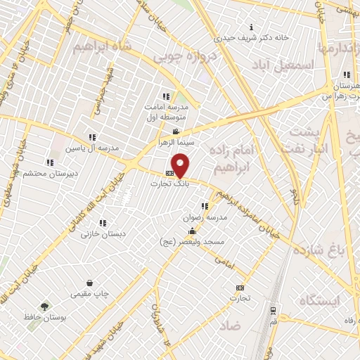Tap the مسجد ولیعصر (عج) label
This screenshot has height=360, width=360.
tap(191, 241)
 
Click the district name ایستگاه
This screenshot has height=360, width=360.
tap(319, 300)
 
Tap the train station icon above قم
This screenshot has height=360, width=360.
tap(273, 308)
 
